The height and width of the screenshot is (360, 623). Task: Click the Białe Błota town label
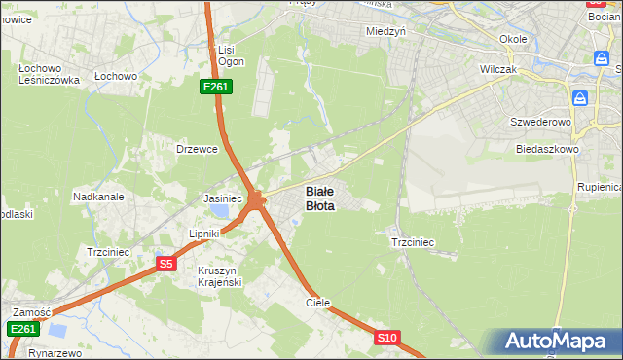pyautogui.click(x=320, y=198)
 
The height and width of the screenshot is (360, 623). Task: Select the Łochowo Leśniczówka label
pyautogui.click(x=48, y=74)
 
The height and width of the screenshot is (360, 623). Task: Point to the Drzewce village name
pyautogui.click(x=195, y=149)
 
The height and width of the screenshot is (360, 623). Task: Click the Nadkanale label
pyautogui.click(x=98, y=197)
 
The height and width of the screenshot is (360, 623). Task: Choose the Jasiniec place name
pyautogui.click(x=222, y=198)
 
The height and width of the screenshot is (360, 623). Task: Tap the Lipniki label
pyautogui.click(x=205, y=234)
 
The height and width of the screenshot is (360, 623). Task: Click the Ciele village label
pyautogui.click(x=318, y=303)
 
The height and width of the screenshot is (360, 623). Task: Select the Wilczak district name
pyautogui.click(x=498, y=70)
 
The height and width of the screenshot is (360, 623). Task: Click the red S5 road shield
pyautogui.click(x=166, y=264)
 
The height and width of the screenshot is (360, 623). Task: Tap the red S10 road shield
pyautogui.click(x=387, y=338)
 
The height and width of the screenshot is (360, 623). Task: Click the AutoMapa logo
pyautogui.click(x=559, y=342)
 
